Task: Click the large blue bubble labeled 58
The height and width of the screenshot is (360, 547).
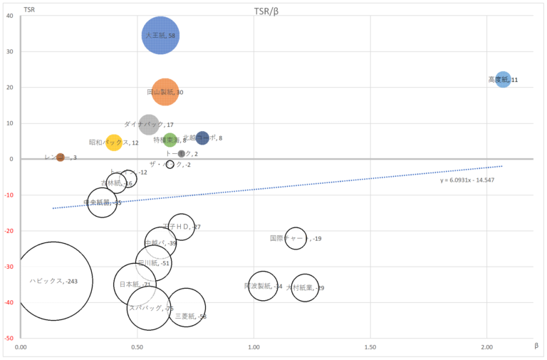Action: (x=160, y=35)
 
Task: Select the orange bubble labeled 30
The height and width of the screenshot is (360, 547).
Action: (x=165, y=92)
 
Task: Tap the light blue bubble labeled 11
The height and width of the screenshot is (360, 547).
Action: (x=503, y=80)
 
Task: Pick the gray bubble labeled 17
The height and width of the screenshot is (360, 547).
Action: (x=149, y=125)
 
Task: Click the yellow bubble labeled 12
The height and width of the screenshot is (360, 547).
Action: (x=114, y=143)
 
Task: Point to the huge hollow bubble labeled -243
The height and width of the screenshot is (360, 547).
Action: (x=53, y=281)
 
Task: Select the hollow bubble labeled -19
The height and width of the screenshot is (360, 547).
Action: (x=296, y=238)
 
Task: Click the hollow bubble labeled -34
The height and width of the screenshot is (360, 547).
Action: (x=263, y=286)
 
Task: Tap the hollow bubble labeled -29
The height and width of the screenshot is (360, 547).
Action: (x=305, y=287)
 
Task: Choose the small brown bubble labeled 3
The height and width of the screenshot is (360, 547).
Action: (x=61, y=158)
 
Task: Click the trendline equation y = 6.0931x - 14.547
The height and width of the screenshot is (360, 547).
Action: (x=467, y=180)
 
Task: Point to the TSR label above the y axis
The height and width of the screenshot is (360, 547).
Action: (x=29, y=9)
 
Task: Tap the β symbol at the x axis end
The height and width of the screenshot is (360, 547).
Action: (x=536, y=345)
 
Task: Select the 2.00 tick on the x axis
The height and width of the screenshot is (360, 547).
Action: (x=487, y=346)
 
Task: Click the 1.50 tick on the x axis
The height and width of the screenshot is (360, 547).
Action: (x=370, y=346)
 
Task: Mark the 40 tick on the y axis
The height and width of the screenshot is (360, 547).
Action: (x=10, y=16)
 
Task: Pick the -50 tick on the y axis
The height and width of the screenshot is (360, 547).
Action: (x=9, y=338)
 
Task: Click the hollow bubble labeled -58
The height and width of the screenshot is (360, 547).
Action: (x=186, y=307)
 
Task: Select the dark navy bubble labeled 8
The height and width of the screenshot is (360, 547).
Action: (x=202, y=138)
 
